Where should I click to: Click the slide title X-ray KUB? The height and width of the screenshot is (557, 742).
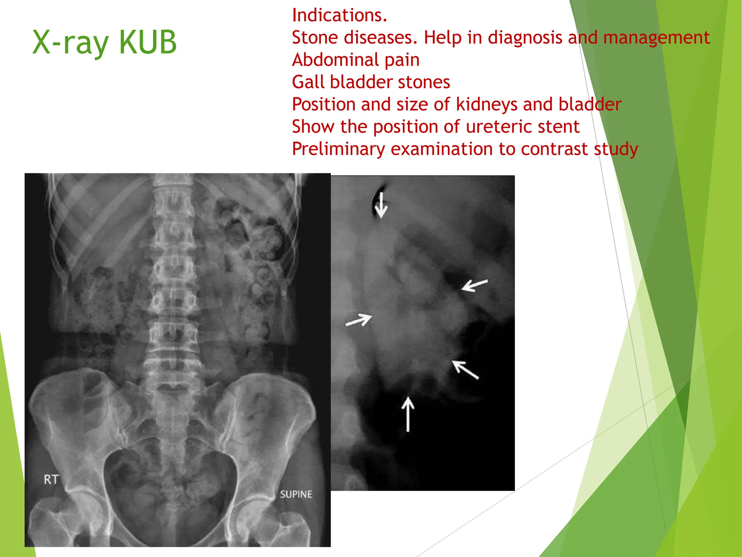(104, 43)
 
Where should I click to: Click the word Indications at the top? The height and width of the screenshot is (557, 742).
(339, 15)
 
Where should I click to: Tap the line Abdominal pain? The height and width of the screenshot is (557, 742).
(356, 60)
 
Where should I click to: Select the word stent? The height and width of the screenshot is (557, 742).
(559, 127)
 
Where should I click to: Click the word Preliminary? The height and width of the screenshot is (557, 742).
(338, 149)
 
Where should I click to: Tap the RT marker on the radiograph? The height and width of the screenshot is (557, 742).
(51, 480)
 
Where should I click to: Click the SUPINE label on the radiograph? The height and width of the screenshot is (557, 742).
(296, 494)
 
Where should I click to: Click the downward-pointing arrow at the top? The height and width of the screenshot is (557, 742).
(381, 205)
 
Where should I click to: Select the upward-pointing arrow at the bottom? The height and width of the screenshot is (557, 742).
(408, 413)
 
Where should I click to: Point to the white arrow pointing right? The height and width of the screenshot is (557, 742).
(359, 320)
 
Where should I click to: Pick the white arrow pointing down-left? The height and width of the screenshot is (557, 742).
(475, 285)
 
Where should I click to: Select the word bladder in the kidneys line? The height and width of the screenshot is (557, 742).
(590, 104)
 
